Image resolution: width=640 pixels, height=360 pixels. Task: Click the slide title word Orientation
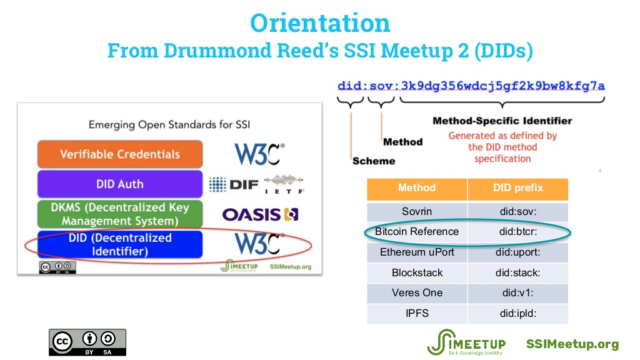320,23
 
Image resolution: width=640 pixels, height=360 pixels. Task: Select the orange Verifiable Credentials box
120,154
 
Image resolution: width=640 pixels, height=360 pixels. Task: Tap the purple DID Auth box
120,184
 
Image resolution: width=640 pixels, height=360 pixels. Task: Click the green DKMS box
120,214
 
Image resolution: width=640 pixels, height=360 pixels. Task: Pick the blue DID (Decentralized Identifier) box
120,244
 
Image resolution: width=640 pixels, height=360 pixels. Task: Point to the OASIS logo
260,214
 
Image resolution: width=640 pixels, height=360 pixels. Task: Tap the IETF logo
284,184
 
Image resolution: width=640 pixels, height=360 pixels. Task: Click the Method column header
417,188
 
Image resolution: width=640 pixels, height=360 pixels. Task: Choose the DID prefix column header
517,188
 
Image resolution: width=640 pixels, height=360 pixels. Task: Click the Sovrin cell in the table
417,211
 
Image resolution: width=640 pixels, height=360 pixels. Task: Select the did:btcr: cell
517,232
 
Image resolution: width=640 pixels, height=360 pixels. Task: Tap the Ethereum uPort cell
417,252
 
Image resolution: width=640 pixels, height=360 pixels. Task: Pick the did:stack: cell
517,273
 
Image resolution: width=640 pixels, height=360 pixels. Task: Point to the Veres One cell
417,293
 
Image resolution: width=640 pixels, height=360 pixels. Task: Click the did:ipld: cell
517,313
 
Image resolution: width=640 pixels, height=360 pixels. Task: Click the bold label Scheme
374,161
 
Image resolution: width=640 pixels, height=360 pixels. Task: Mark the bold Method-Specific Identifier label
502,121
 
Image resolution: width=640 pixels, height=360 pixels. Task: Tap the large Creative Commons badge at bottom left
87,342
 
